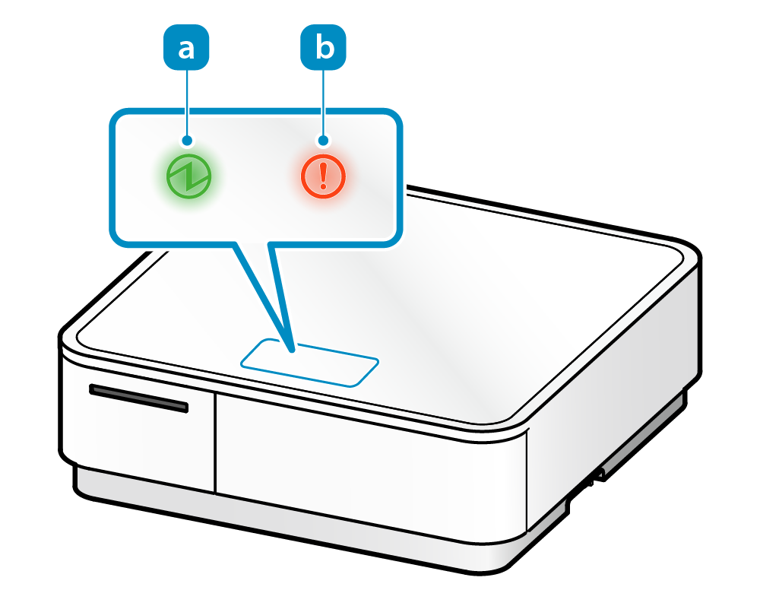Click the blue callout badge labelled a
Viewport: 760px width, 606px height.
186,49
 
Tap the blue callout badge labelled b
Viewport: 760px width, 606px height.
325,49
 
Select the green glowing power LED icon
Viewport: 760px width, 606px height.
188,176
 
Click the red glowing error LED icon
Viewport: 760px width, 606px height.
324,176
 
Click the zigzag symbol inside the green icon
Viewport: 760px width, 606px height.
188,176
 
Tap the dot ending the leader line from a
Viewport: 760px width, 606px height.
187,141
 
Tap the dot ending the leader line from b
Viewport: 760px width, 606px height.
325,141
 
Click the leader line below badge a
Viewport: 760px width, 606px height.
187,103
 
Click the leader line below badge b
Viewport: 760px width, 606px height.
325,103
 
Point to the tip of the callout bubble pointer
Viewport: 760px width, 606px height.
293,351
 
